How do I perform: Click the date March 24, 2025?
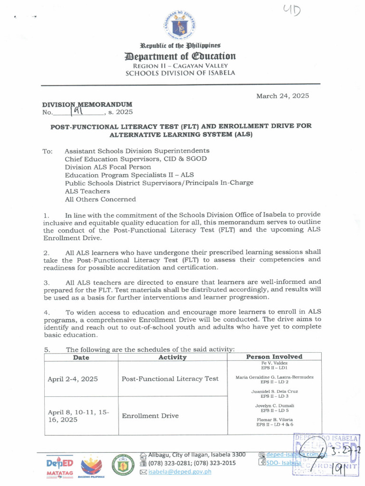[282, 96]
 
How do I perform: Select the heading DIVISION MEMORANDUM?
[87, 104]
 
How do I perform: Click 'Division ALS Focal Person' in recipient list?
[108, 167]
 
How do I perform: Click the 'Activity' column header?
[172, 357]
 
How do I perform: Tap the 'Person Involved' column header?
[274, 356]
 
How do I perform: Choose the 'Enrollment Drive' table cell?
[150, 416]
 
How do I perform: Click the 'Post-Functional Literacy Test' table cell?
[170, 379]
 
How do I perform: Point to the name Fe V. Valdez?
[274, 363]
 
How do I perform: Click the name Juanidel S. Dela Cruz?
[274, 392]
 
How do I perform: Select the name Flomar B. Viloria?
[274, 420]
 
